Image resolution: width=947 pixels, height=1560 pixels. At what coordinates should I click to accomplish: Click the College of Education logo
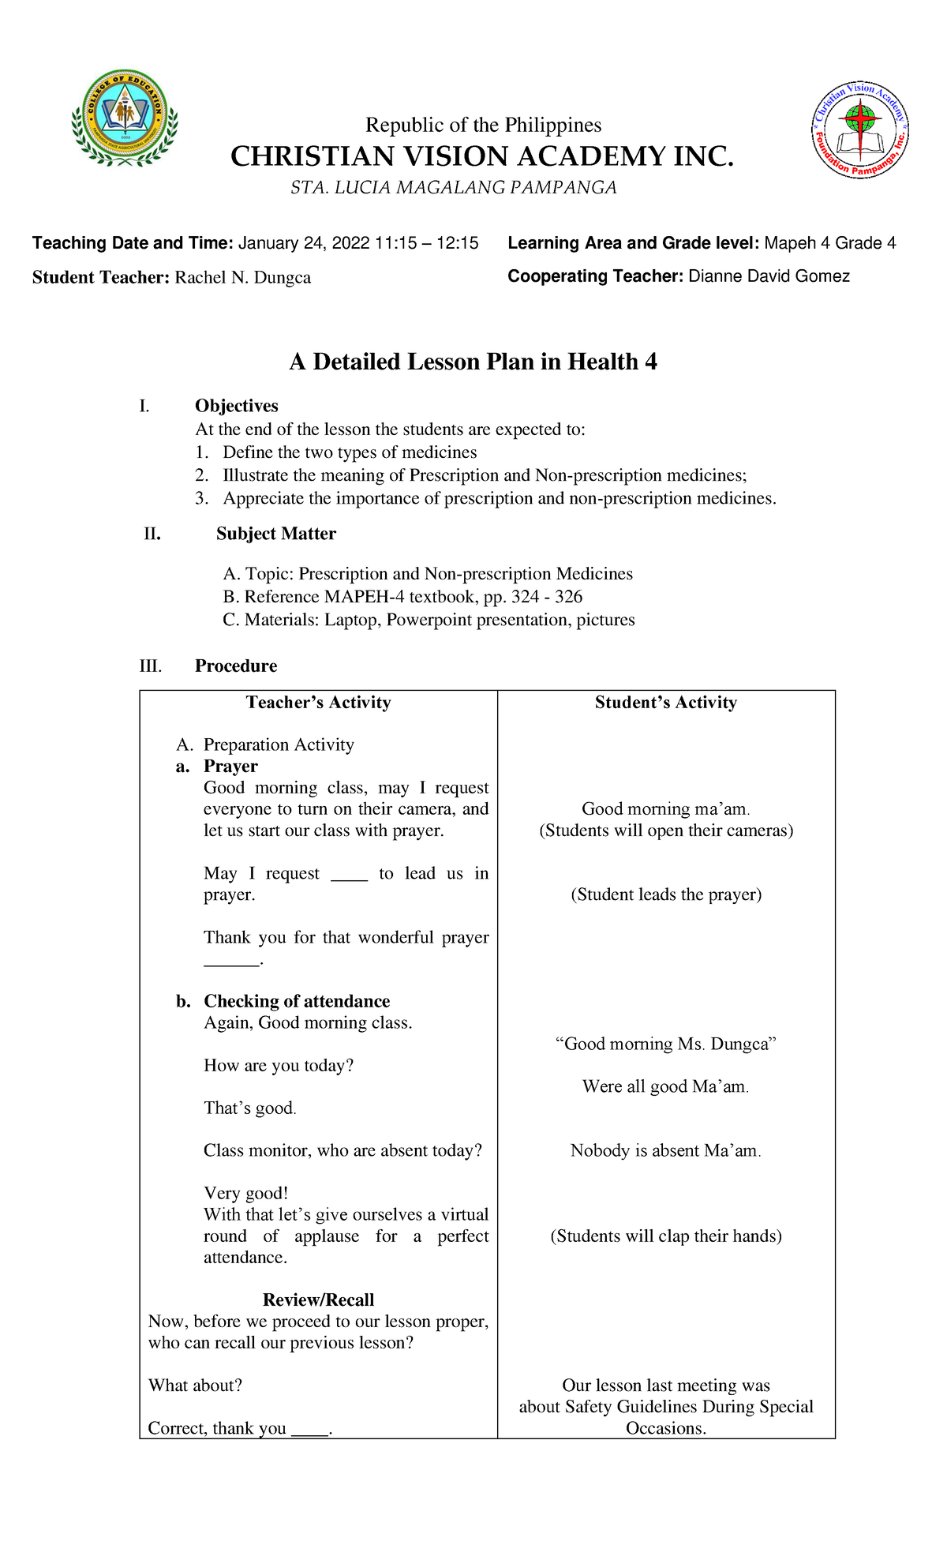pos(125,118)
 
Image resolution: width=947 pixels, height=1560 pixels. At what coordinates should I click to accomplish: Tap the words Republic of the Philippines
pos(483,126)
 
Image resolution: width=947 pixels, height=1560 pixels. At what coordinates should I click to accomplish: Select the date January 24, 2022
pos(304,243)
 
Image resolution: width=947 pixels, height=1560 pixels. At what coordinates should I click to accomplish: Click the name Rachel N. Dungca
pos(242,278)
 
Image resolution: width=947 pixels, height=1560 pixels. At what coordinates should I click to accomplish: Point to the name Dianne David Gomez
pos(769,276)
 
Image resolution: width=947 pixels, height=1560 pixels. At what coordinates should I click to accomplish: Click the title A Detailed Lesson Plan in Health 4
pos(473,362)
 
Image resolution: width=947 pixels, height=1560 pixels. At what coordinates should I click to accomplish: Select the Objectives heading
pos(236,406)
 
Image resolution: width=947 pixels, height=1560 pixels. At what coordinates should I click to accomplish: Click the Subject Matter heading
pos(275,534)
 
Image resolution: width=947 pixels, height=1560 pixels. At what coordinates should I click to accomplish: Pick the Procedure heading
pos(235,666)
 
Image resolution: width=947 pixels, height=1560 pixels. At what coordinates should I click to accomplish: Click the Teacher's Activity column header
pos(318,703)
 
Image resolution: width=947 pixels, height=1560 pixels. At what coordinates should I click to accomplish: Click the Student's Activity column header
pos(665,703)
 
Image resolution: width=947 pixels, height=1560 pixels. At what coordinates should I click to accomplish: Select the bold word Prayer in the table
pos(230,767)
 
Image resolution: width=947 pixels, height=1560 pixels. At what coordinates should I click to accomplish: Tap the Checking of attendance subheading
pos(296,1001)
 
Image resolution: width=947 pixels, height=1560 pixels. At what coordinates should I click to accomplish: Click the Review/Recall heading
pos(318,1299)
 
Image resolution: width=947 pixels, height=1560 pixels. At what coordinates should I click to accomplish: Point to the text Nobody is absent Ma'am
pos(665,1150)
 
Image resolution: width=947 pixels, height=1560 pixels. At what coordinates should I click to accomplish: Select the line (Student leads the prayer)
pos(665,894)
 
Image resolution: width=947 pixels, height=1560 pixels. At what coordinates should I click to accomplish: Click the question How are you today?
pos(279,1066)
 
